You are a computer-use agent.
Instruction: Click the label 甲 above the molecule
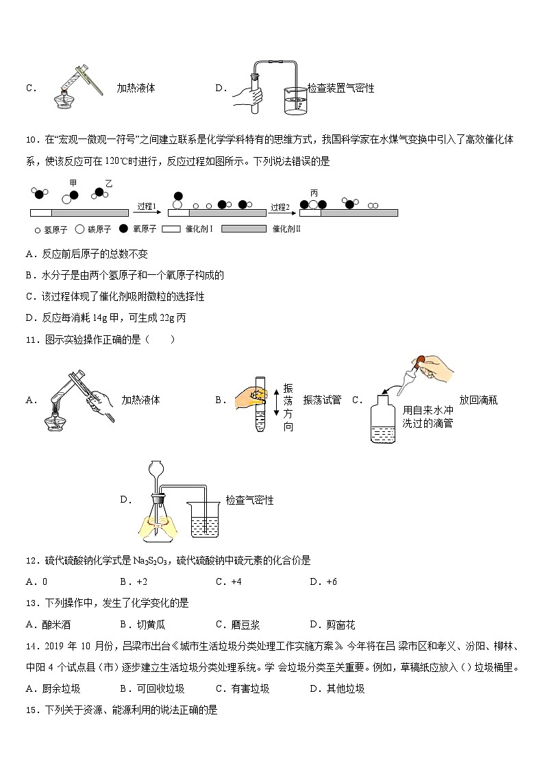coord(73,182)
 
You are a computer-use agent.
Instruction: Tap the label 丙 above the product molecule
coord(314,193)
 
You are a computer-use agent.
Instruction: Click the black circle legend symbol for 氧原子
coord(124,229)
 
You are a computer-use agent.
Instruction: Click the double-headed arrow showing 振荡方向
coord(275,400)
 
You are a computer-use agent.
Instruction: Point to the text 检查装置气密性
coord(341,88)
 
